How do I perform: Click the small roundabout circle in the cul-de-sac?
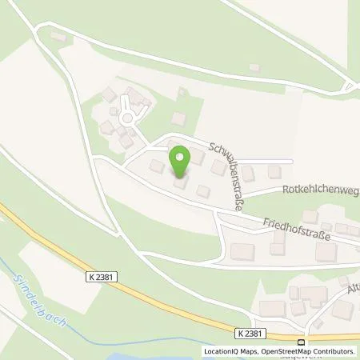126,121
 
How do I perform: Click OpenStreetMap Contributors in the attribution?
306,351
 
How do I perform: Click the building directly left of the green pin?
157,166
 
